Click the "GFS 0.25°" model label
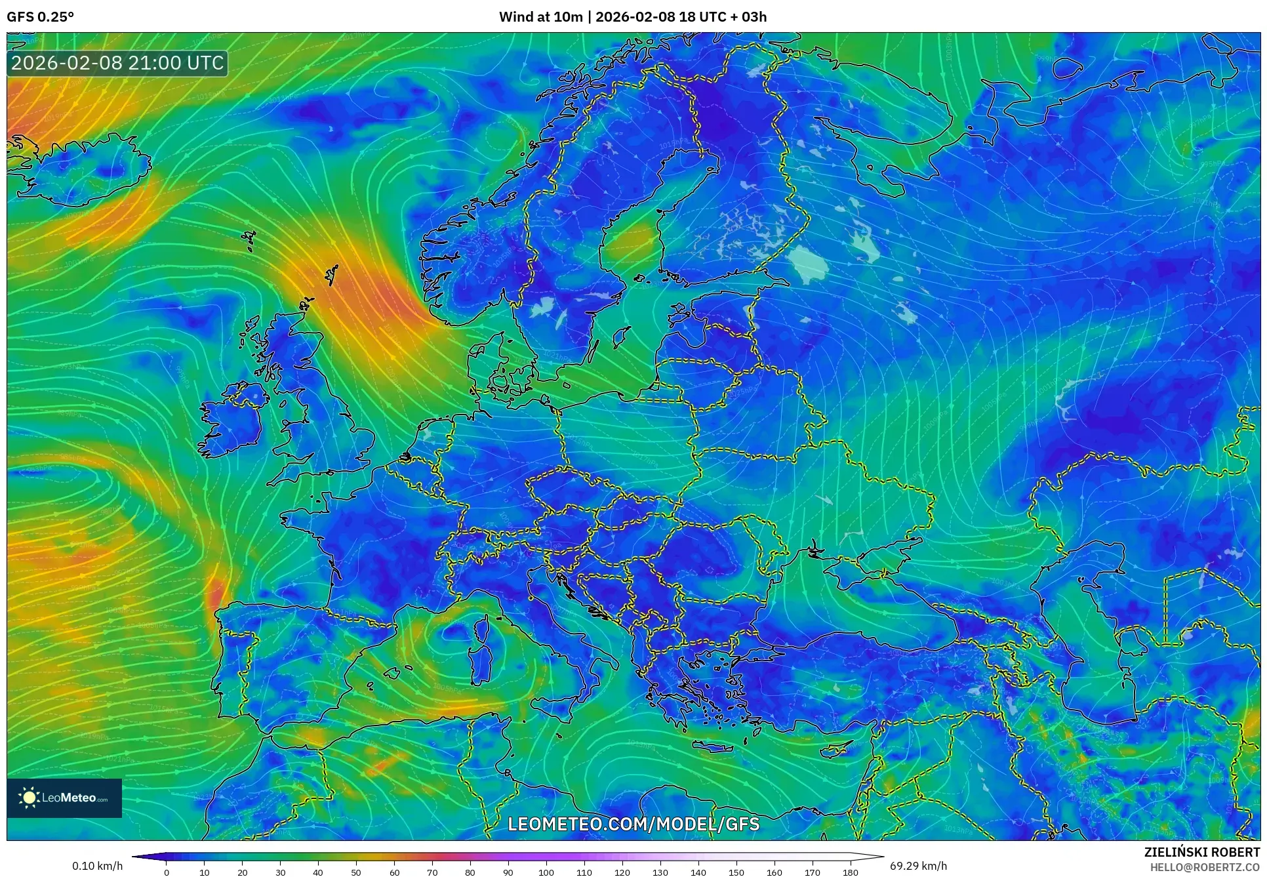click(x=40, y=17)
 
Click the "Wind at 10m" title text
click(x=540, y=17)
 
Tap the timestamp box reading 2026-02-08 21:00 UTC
click(x=118, y=63)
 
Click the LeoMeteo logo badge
click(x=64, y=798)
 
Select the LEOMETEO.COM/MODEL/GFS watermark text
click(x=633, y=824)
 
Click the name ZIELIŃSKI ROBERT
click(x=1201, y=852)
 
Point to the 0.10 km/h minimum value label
click(x=97, y=866)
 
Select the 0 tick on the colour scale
click(x=167, y=872)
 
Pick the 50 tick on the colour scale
click(x=356, y=872)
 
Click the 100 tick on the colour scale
click(x=546, y=872)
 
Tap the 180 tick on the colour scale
click(x=850, y=872)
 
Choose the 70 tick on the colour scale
click(x=432, y=872)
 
